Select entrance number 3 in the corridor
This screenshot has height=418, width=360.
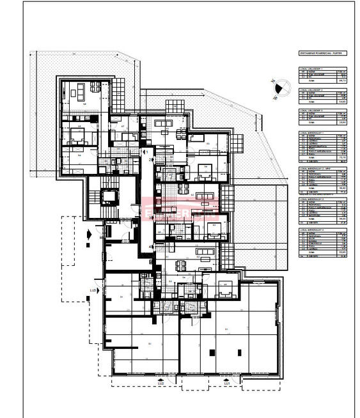(151, 218)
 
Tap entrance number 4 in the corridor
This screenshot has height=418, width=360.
(151, 247)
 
